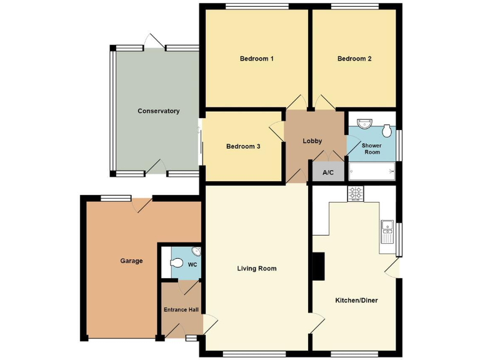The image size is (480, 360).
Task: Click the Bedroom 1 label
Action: (x=257, y=59)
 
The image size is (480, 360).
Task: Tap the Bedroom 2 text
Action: (x=354, y=59)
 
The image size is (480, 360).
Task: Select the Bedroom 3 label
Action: (x=243, y=146)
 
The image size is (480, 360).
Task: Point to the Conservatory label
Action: (x=158, y=111)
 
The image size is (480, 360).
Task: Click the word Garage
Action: (x=131, y=261)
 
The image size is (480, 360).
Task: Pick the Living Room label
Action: (x=256, y=269)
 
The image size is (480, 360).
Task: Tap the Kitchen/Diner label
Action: (x=356, y=301)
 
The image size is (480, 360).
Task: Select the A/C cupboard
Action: (x=328, y=172)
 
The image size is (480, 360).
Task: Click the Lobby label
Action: (x=312, y=141)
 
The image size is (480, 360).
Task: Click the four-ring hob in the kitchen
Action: (x=356, y=194)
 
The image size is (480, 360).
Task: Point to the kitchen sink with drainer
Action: (x=386, y=231)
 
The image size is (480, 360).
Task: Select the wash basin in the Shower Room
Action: (x=363, y=124)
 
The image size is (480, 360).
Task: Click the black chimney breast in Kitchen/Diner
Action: (x=319, y=266)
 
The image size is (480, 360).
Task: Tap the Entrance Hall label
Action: (x=181, y=309)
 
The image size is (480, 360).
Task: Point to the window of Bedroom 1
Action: (x=257, y=7)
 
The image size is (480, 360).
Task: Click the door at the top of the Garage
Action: (x=142, y=204)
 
